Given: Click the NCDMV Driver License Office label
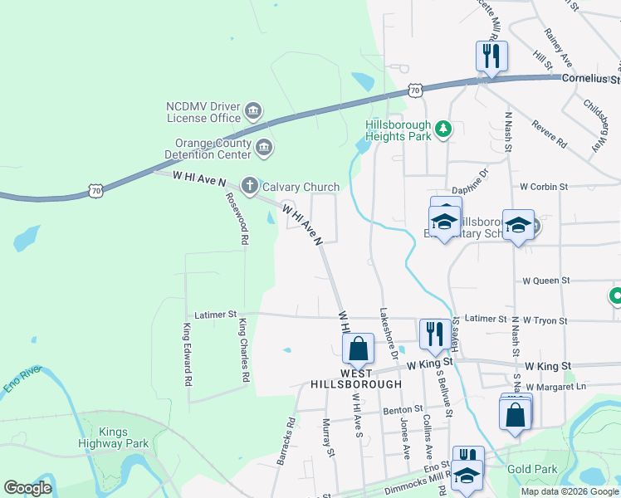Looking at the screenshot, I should point(203,112).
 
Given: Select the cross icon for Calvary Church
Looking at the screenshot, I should point(249,186).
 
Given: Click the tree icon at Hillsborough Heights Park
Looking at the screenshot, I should point(444,128).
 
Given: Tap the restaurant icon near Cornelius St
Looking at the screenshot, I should point(491,56).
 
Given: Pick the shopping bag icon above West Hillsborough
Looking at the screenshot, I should point(359,348).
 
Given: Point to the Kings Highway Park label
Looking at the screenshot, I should point(124,437).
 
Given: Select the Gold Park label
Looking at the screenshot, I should point(532,470).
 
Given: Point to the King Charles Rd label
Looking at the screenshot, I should point(244,349).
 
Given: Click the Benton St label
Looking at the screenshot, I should point(403,409).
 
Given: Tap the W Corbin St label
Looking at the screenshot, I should point(544,188).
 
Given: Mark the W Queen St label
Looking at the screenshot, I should point(545,281).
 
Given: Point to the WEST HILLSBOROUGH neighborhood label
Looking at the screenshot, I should point(356,379).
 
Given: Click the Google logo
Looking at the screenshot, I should point(28,488).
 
